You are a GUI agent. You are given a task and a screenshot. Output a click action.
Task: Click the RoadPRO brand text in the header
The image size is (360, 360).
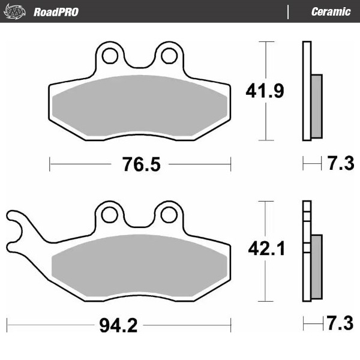pyautogui.click(x=55, y=11)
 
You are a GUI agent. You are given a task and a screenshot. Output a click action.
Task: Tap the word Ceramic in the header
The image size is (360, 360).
pyautogui.click(x=331, y=11)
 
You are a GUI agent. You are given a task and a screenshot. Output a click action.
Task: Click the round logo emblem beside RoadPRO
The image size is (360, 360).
pyautogui.click(x=16, y=11)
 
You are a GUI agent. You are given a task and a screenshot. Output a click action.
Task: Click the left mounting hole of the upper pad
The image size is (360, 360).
pyautogui.click(x=109, y=56)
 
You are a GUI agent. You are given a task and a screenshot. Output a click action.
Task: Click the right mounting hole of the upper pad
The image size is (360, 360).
pyautogui.click(x=167, y=56)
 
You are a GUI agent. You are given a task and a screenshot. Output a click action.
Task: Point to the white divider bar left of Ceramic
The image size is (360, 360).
pyautogui.click(x=289, y=11)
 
